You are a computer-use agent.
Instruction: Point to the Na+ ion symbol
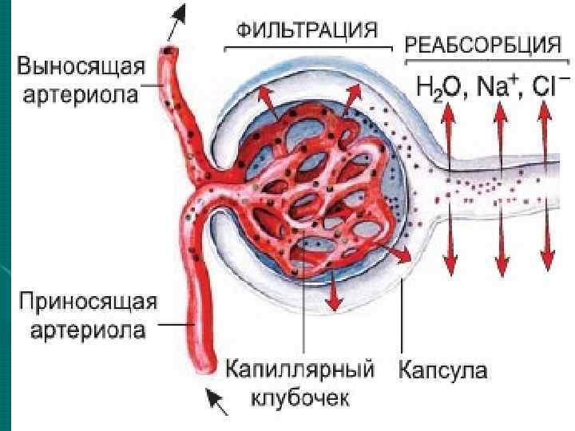tap(499, 85)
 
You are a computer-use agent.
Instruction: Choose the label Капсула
tap(443, 371)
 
